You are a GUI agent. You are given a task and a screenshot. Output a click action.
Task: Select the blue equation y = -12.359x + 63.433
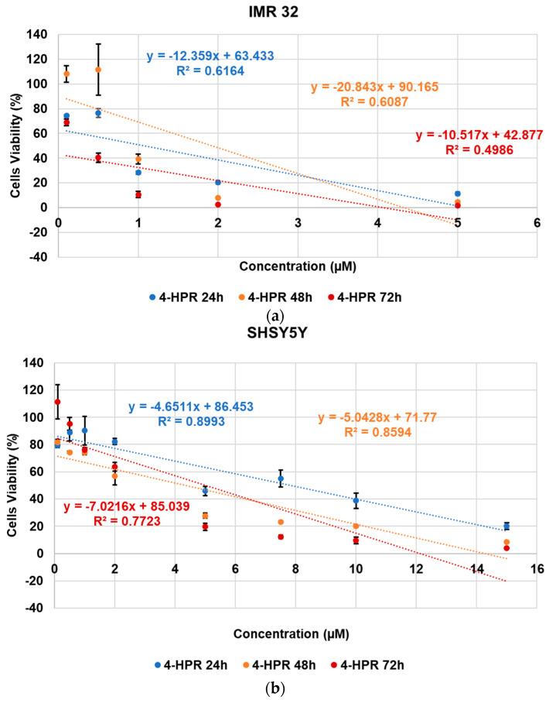tap(210, 57)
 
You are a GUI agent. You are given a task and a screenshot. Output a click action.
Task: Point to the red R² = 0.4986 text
tap(481, 149)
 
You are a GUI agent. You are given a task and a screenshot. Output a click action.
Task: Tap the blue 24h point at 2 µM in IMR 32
tap(218, 182)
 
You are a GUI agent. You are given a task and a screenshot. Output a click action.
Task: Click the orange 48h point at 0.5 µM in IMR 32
tap(98, 70)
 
